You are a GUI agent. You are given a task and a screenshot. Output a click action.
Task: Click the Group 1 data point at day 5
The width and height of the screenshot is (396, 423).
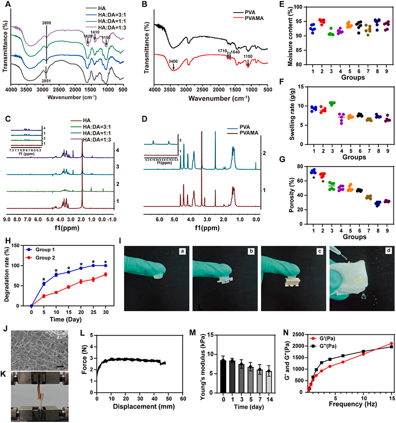pyautogui.click(x=44, y=284)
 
